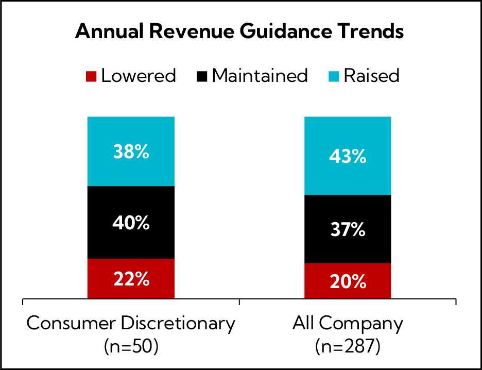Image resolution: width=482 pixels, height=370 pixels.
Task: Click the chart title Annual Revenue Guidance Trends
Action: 239,31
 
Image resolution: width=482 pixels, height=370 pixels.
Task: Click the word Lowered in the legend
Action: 139,76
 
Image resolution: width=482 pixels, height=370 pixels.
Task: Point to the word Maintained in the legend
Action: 260,76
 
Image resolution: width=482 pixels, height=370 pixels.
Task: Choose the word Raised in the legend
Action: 371,76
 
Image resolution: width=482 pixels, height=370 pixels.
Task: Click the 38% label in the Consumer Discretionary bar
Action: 131,152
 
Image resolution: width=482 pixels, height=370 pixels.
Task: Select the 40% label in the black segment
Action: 131,223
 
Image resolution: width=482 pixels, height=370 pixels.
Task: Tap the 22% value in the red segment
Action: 131,279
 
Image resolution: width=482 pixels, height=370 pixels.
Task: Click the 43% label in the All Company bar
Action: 348,156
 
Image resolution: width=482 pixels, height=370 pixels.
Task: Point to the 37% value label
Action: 348,229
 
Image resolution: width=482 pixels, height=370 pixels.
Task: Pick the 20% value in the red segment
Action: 348,281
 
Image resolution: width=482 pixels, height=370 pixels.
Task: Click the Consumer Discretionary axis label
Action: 131,324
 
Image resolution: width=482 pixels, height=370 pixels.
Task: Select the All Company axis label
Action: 348,324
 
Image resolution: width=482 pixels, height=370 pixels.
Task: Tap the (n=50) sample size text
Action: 131,346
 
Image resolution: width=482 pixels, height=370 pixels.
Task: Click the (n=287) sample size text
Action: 348,346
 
